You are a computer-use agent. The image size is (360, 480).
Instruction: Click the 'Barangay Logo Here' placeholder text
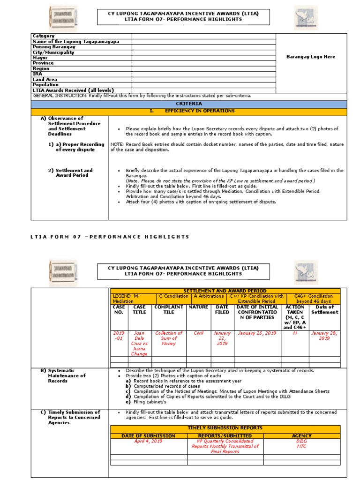[x=311, y=57]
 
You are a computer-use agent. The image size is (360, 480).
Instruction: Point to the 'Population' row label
[x=45, y=85]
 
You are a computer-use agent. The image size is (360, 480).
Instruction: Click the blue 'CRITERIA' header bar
[x=189, y=104]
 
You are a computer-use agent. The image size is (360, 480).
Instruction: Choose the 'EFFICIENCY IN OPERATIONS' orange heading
[x=199, y=111]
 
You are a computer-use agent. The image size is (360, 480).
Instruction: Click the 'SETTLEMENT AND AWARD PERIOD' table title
[x=225, y=291]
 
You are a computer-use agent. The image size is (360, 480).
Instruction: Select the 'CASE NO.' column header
[x=119, y=309]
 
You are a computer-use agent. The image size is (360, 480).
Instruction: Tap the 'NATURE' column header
[x=198, y=307]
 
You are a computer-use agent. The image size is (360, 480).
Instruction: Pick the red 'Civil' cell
[x=198, y=333]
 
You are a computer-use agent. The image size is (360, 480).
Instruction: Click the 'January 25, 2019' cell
[x=257, y=333]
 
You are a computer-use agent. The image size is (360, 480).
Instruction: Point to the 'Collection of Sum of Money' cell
[x=169, y=338]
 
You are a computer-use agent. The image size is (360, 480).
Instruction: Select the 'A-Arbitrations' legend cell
[x=208, y=296]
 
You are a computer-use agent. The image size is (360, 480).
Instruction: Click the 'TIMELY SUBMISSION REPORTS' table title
[x=225, y=428]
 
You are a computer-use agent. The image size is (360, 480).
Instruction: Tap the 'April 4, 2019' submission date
[x=148, y=442]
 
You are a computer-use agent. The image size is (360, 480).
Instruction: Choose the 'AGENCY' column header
[x=302, y=436]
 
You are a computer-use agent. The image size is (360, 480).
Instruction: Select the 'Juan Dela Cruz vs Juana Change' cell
[x=140, y=344]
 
